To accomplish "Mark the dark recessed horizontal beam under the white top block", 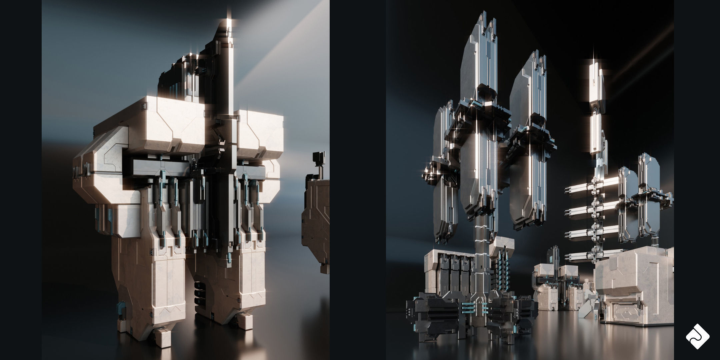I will click(157, 165).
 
